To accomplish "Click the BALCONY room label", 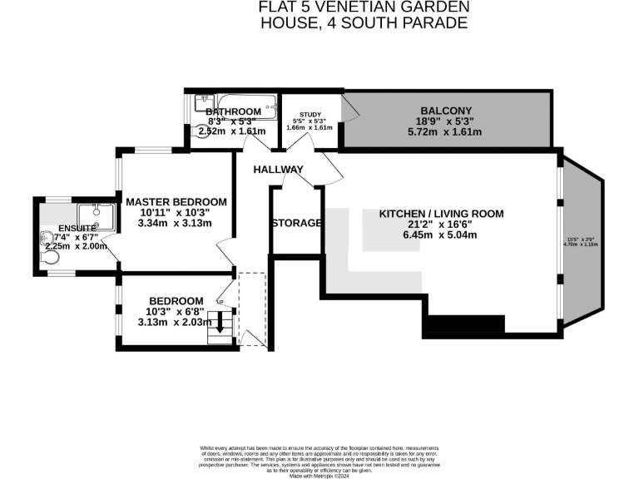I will pyautogui.click(x=446, y=110).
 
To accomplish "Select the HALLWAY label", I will pyautogui.click(x=279, y=170).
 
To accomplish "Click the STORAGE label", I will pyautogui.click(x=296, y=223).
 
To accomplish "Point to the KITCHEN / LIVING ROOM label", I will pyautogui.click(x=441, y=214).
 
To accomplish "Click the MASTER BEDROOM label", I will pyautogui.click(x=176, y=201).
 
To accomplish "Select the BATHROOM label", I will pyautogui.click(x=233, y=111).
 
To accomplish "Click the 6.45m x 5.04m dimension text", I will pyautogui.click(x=441, y=235).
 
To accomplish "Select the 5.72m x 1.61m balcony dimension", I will pyautogui.click(x=446, y=132).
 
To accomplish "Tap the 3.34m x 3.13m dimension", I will pyautogui.click(x=176, y=223).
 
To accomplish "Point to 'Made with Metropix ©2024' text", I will pyautogui.click(x=319, y=475).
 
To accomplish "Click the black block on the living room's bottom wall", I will pyautogui.click(x=467, y=323).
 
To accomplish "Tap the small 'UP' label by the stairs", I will pyautogui.click(x=220, y=301).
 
